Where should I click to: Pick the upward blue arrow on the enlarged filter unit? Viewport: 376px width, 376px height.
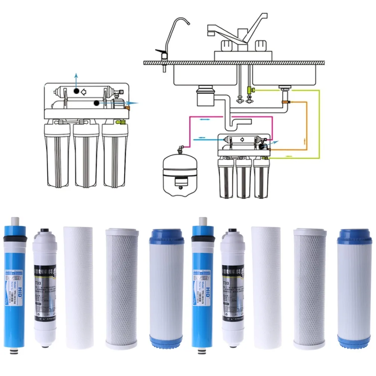[x=76, y=80]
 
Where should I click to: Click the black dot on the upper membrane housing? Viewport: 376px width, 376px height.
[x=76, y=91]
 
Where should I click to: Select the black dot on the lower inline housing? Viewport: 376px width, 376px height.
[x=97, y=103]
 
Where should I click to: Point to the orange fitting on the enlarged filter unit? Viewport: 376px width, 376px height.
[x=127, y=108]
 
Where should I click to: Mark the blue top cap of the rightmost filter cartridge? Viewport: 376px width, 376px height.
[x=354, y=235]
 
